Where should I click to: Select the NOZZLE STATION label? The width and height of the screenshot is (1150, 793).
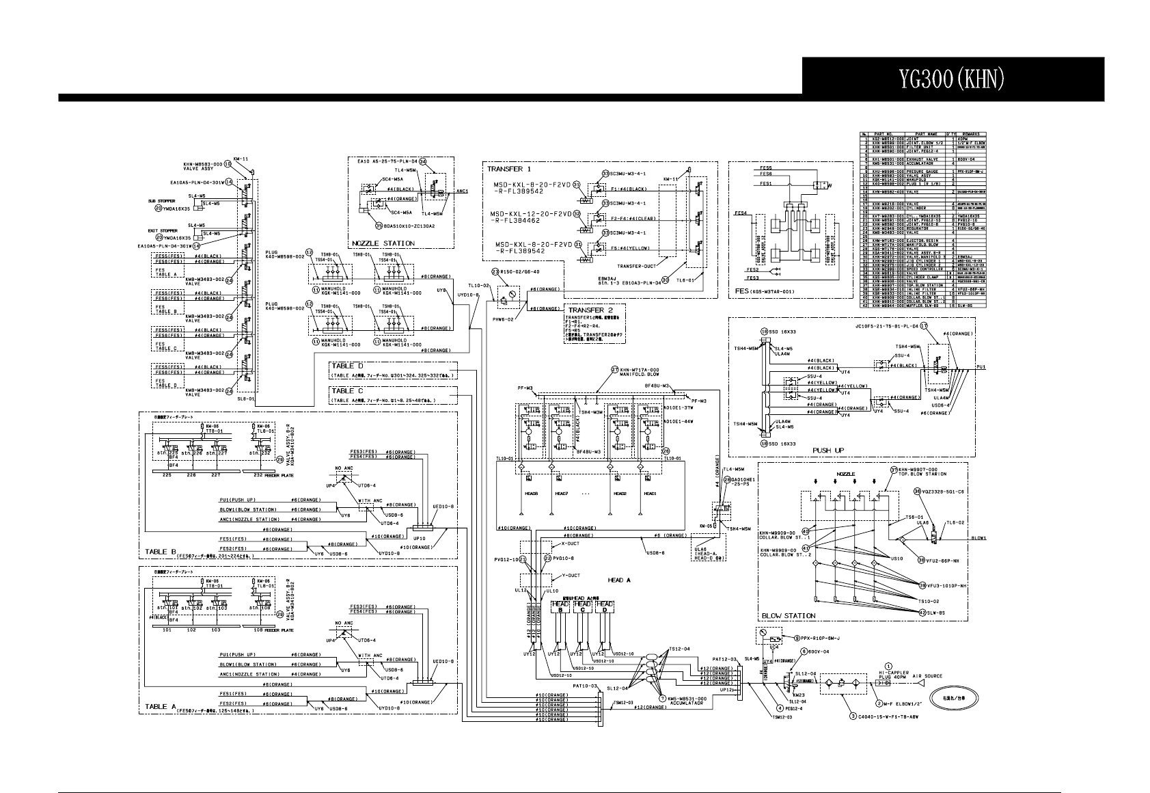point(383,243)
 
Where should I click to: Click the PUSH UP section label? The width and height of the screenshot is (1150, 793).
point(827,451)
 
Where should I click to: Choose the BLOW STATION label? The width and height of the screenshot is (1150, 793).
point(789,615)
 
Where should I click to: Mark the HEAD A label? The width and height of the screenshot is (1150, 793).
point(619,580)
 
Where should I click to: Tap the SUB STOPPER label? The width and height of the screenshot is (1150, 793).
point(163,201)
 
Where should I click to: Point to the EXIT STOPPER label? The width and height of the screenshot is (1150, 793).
point(163,231)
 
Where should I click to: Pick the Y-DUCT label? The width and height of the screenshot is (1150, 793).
point(570,576)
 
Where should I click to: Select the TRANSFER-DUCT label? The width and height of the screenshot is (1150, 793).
point(637,265)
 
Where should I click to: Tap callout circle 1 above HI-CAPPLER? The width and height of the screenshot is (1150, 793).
point(888,665)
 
